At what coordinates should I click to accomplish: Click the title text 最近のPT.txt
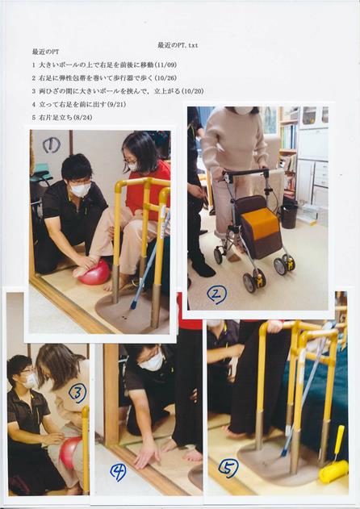click(x=177, y=46)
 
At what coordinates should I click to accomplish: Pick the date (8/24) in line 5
click(x=84, y=118)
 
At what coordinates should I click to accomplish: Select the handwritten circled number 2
click(x=216, y=294)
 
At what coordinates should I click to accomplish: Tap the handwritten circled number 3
click(x=77, y=393)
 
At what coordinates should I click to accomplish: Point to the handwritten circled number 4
click(x=118, y=472)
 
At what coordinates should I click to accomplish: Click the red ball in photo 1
click(x=94, y=273)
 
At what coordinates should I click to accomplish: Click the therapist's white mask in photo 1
click(x=80, y=190)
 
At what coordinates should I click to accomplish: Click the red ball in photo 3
click(x=69, y=453)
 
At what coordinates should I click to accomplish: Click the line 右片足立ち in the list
click(x=53, y=118)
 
